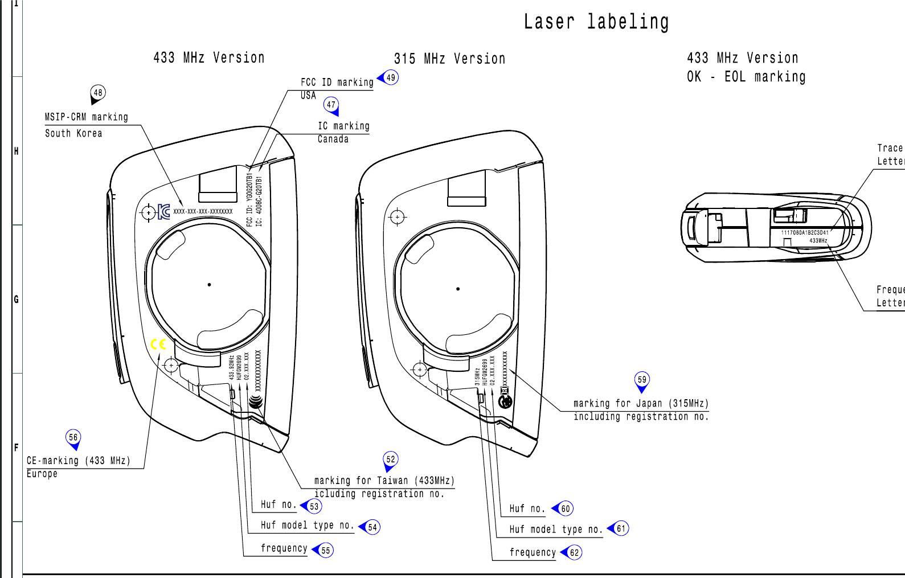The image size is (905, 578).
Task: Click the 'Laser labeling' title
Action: point(596,22)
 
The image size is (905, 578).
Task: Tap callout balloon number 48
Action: point(98,93)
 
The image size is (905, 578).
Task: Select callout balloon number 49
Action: point(390,77)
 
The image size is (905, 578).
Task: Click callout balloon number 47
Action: point(331,105)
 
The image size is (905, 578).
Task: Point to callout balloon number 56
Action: point(73,438)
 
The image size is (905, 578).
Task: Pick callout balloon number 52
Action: point(390,460)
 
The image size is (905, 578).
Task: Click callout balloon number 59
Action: point(642,380)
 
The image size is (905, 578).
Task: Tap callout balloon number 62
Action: point(574,552)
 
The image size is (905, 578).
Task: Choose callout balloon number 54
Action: point(372,527)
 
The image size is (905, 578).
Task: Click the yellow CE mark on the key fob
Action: point(158,345)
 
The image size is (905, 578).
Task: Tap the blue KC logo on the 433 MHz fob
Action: point(164,212)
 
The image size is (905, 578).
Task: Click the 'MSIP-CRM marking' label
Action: point(87,117)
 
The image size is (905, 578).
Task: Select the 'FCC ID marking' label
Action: point(337,83)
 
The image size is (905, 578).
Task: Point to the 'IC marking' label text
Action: point(343,126)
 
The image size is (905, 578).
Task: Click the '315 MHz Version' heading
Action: point(449,59)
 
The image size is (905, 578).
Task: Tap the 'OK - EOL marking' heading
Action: point(746,77)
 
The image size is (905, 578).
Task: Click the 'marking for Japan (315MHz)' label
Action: point(641,404)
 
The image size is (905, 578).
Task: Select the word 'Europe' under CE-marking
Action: point(42,474)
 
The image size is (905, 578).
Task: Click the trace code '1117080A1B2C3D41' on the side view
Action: point(805,232)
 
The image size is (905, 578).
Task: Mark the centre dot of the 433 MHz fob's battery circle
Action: point(210,285)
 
